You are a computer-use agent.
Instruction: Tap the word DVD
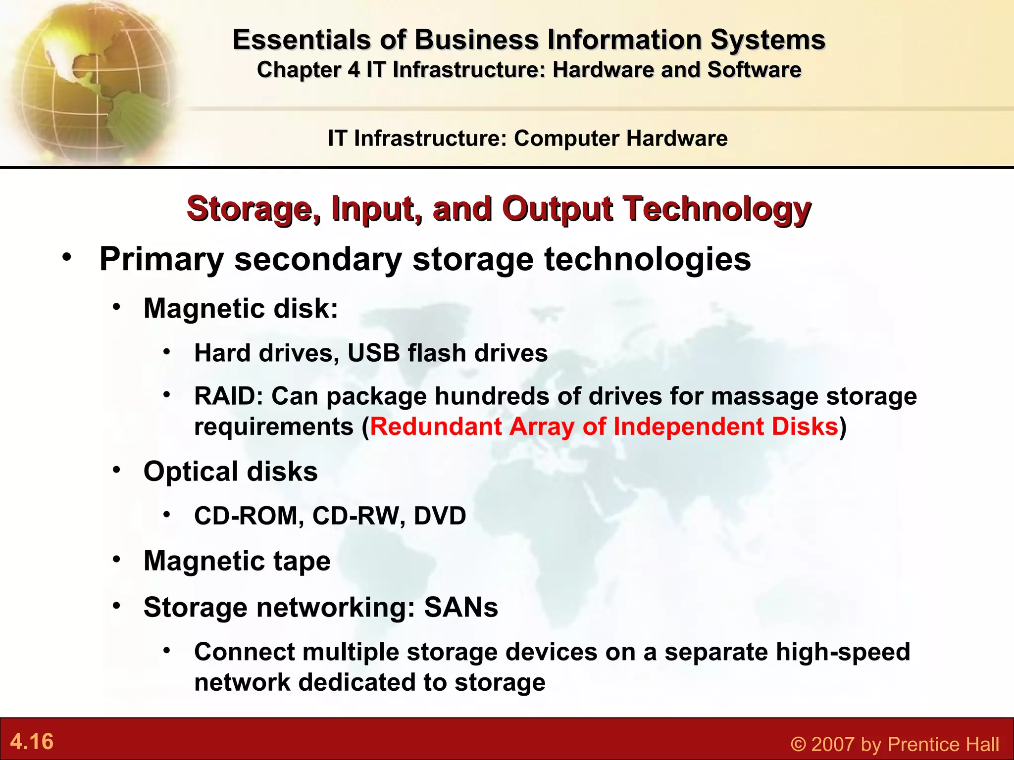point(440,516)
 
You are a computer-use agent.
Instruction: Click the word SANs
point(460,608)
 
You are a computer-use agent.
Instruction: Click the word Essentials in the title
point(301,40)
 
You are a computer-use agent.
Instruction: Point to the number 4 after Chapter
point(354,70)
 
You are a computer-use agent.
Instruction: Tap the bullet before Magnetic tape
point(116,560)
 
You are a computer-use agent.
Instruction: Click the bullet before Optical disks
point(116,470)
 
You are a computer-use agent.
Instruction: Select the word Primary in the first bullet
point(161,260)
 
